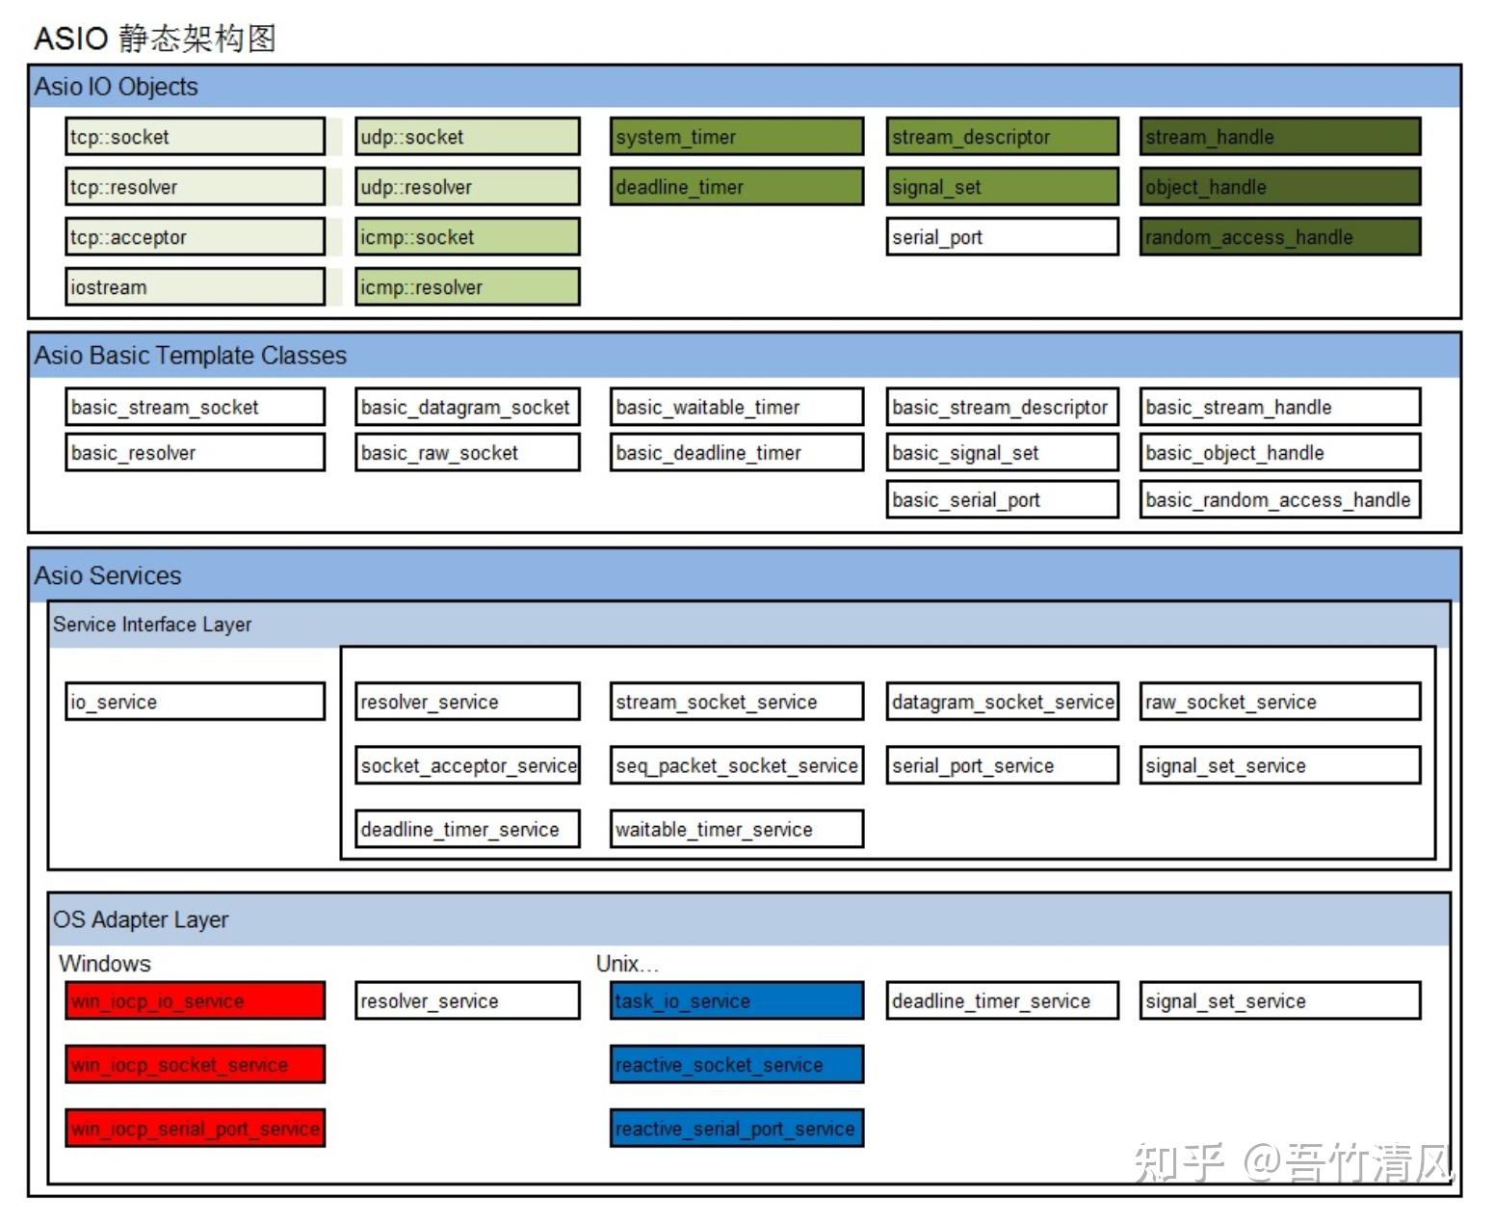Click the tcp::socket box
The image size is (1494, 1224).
click(195, 136)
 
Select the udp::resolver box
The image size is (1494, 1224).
click(467, 186)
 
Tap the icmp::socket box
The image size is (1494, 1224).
click(467, 236)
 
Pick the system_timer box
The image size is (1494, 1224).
click(737, 136)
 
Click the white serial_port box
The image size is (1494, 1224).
click(1003, 236)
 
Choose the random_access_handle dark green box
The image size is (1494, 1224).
click(1280, 236)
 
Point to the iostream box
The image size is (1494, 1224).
click(195, 286)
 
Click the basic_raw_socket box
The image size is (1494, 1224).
click(467, 452)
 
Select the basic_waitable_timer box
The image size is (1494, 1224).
click(737, 407)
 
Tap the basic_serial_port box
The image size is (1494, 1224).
click(1003, 499)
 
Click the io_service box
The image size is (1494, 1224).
click(195, 701)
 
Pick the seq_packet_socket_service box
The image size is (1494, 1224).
click(737, 764)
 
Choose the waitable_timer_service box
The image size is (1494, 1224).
click(737, 829)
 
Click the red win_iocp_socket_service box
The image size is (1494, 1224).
click(195, 1064)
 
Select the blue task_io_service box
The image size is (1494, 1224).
click(737, 1000)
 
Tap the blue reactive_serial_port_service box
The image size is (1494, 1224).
click(737, 1128)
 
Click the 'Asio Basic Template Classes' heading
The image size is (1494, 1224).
click(190, 355)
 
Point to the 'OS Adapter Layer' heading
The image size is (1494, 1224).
click(141, 919)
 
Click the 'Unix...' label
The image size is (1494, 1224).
click(627, 963)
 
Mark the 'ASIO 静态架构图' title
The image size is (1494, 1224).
click(154, 39)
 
